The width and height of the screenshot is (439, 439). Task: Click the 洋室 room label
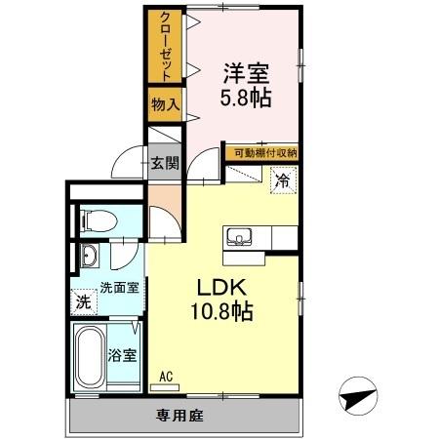246,73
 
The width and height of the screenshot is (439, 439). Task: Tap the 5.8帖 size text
246,98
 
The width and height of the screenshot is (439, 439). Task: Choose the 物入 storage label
163,103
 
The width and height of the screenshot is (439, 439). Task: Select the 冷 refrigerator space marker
283,180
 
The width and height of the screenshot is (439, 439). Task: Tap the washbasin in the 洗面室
89,258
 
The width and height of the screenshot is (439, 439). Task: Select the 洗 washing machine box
84,302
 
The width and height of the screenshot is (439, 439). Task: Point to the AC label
166,374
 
